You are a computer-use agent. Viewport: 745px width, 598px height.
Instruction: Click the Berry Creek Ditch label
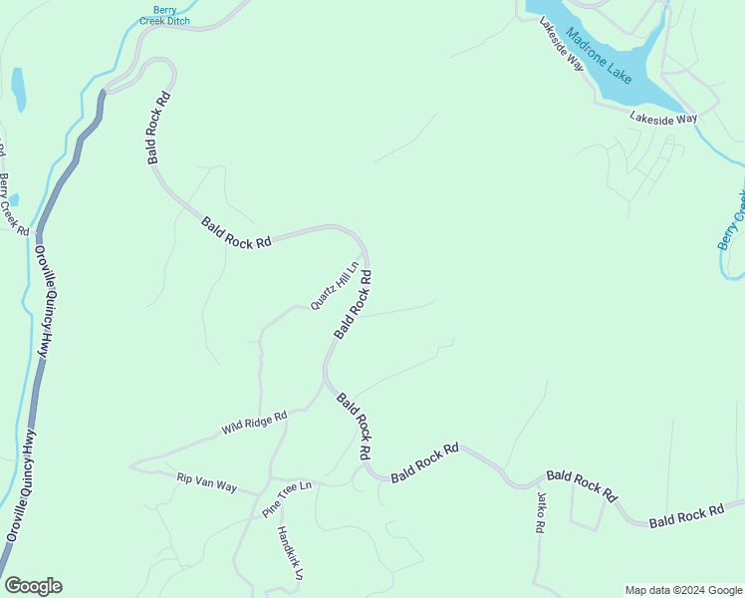click(163, 15)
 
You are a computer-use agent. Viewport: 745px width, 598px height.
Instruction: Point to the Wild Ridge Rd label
click(254, 423)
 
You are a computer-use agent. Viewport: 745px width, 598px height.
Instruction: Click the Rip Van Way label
click(206, 482)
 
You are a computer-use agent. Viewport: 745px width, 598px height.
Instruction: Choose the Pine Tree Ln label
click(287, 498)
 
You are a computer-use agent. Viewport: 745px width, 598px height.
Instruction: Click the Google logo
click(33, 586)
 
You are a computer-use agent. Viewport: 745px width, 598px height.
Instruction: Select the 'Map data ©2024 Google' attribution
click(683, 590)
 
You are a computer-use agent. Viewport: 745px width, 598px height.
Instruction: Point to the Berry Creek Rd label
click(14, 204)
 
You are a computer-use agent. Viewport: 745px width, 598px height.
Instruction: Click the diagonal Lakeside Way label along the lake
click(561, 42)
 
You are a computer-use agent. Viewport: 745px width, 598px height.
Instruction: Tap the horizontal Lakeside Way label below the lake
click(662, 119)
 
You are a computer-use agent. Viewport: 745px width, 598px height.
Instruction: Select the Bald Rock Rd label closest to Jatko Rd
click(582, 485)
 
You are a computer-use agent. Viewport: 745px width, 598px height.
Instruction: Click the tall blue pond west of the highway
click(17, 89)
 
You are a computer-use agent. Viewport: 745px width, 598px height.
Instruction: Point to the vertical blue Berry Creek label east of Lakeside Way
click(732, 219)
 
